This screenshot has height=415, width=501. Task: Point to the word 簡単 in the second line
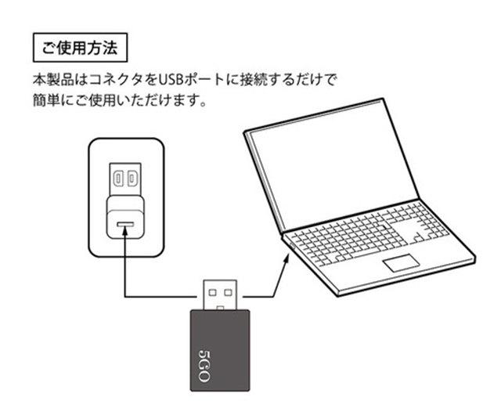pos(46,101)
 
